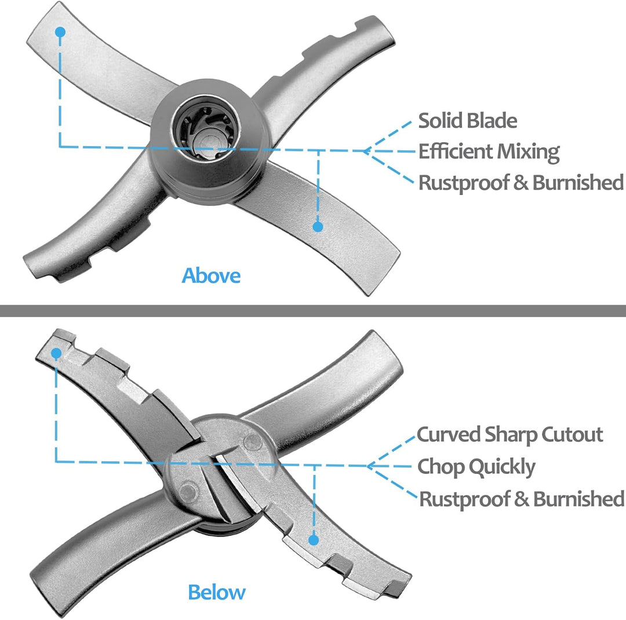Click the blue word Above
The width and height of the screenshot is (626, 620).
pyautogui.click(x=211, y=275)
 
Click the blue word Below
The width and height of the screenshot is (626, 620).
pyautogui.click(x=217, y=592)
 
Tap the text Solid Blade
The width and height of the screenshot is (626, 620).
pyautogui.click(x=468, y=121)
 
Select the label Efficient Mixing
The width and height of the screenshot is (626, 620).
pyautogui.click(x=489, y=152)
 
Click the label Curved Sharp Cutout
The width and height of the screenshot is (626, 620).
pyautogui.click(x=510, y=434)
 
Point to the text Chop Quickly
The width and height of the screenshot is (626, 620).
pyautogui.click(x=476, y=467)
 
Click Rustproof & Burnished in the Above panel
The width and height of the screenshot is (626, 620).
pyautogui.click(x=521, y=183)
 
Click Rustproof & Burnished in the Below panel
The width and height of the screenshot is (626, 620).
pyautogui.click(x=522, y=499)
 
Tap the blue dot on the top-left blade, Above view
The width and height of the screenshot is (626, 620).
pyautogui.click(x=60, y=32)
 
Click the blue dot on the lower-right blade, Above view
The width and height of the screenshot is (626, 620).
pyautogui.click(x=318, y=227)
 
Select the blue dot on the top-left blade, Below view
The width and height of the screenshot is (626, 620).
pyautogui.click(x=56, y=353)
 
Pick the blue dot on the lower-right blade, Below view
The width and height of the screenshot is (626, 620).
pyautogui.click(x=314, y=540)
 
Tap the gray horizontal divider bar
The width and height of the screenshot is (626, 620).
pyautogui.click(x=313, y=310)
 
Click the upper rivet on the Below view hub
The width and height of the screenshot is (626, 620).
pyautogui.click(x=253, y=442)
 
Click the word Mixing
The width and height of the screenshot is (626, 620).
pyautogui.click(x=528, y=152)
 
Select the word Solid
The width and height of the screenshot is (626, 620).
pyautogui.click(x=441, y=121)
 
